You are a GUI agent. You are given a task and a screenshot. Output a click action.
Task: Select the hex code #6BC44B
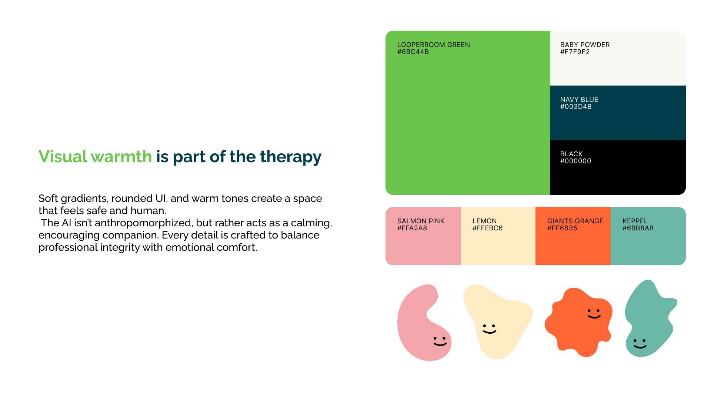(x=413, y=52)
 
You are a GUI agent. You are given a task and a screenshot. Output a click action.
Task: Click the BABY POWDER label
(x=585, y=45)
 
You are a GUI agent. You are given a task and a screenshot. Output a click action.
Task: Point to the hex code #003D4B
(x=576, y=107)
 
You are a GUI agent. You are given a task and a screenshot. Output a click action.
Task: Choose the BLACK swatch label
(x=571, y=154)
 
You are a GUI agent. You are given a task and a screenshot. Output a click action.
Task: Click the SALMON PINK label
(x=421, y=221)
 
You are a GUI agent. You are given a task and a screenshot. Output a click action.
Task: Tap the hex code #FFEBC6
(x=487, y=228)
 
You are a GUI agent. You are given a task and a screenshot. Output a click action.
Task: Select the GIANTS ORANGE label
(x=575, y=221)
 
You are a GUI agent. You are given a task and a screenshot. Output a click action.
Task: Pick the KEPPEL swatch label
(x=635, y=221)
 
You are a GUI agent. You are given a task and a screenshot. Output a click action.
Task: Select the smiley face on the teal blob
(x=640, y=344)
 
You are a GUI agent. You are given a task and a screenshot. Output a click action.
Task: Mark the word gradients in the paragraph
(x=84, y=199)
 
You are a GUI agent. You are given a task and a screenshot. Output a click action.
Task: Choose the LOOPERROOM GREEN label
(x=434, y=45)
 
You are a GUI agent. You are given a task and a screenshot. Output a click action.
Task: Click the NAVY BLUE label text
(x=579, y=100)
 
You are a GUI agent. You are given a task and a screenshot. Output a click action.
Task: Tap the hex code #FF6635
(x=562, y=228)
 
